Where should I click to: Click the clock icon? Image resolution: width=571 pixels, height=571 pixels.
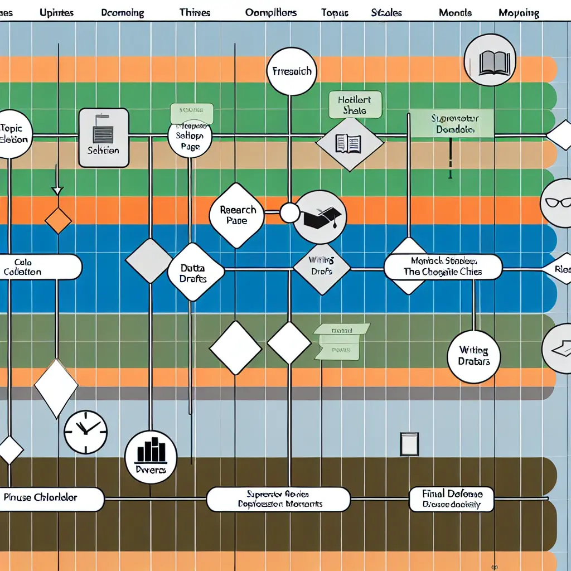(85, 432)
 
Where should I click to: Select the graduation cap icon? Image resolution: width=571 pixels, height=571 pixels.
(320, 217)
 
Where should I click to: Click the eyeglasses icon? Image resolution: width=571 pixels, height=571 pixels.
(557, 204)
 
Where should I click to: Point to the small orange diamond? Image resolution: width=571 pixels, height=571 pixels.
(58, 221)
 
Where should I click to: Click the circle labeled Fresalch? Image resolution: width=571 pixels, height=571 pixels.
(292, 71)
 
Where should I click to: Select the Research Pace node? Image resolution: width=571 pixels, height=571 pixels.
(237, 215)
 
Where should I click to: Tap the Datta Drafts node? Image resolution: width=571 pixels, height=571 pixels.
(195, 272)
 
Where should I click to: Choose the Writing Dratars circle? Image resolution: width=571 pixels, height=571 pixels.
(473, 356)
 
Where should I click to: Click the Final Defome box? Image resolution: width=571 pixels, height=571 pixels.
(452, 500)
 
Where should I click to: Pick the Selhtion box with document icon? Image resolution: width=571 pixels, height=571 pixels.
(104, 138)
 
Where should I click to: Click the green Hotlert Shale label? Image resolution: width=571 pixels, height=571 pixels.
(355, 105)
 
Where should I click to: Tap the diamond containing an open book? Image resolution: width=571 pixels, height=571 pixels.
(349, 143)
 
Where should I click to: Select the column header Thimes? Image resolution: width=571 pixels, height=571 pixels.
(195, 12)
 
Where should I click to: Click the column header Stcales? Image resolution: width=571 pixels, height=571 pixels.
(386, 12)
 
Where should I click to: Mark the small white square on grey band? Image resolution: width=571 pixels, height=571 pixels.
(409, 444)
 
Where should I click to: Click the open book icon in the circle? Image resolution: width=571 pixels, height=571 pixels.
(490, 61)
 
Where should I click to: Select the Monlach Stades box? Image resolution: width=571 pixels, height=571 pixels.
(443, 267)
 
